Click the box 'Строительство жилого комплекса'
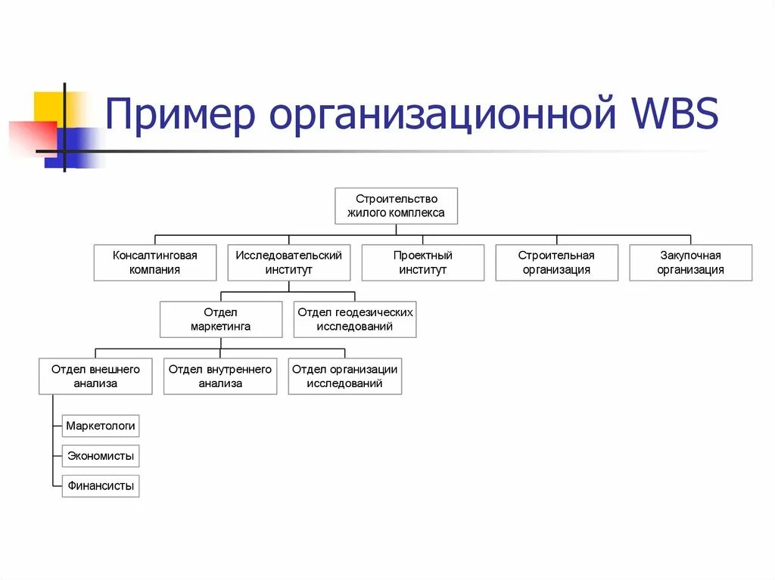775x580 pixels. point(396,206)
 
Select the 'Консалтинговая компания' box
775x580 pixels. point(154,262)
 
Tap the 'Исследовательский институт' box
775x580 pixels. point(288,262)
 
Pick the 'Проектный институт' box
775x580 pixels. point(422,262)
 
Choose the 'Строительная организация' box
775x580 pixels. point(556,262)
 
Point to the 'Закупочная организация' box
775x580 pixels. point(690,262)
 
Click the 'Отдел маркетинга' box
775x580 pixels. point(220,319)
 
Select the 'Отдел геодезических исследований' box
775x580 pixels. point(354,319)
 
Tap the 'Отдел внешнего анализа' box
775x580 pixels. point(95,376)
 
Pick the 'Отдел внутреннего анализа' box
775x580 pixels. point(220,376)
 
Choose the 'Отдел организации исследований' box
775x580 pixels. point(344,376)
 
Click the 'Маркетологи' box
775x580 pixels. point(101,426)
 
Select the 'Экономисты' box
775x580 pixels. point(101,456)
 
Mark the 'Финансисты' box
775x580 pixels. point(101,485)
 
